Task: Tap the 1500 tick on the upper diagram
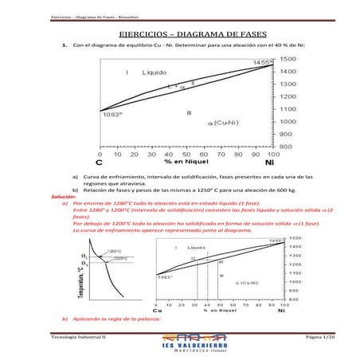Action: (x=289, y=59)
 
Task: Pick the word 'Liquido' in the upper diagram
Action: (x=155, y=72)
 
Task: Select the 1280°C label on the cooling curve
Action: (x=114, y=252)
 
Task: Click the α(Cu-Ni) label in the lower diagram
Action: (x=252, y=282)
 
